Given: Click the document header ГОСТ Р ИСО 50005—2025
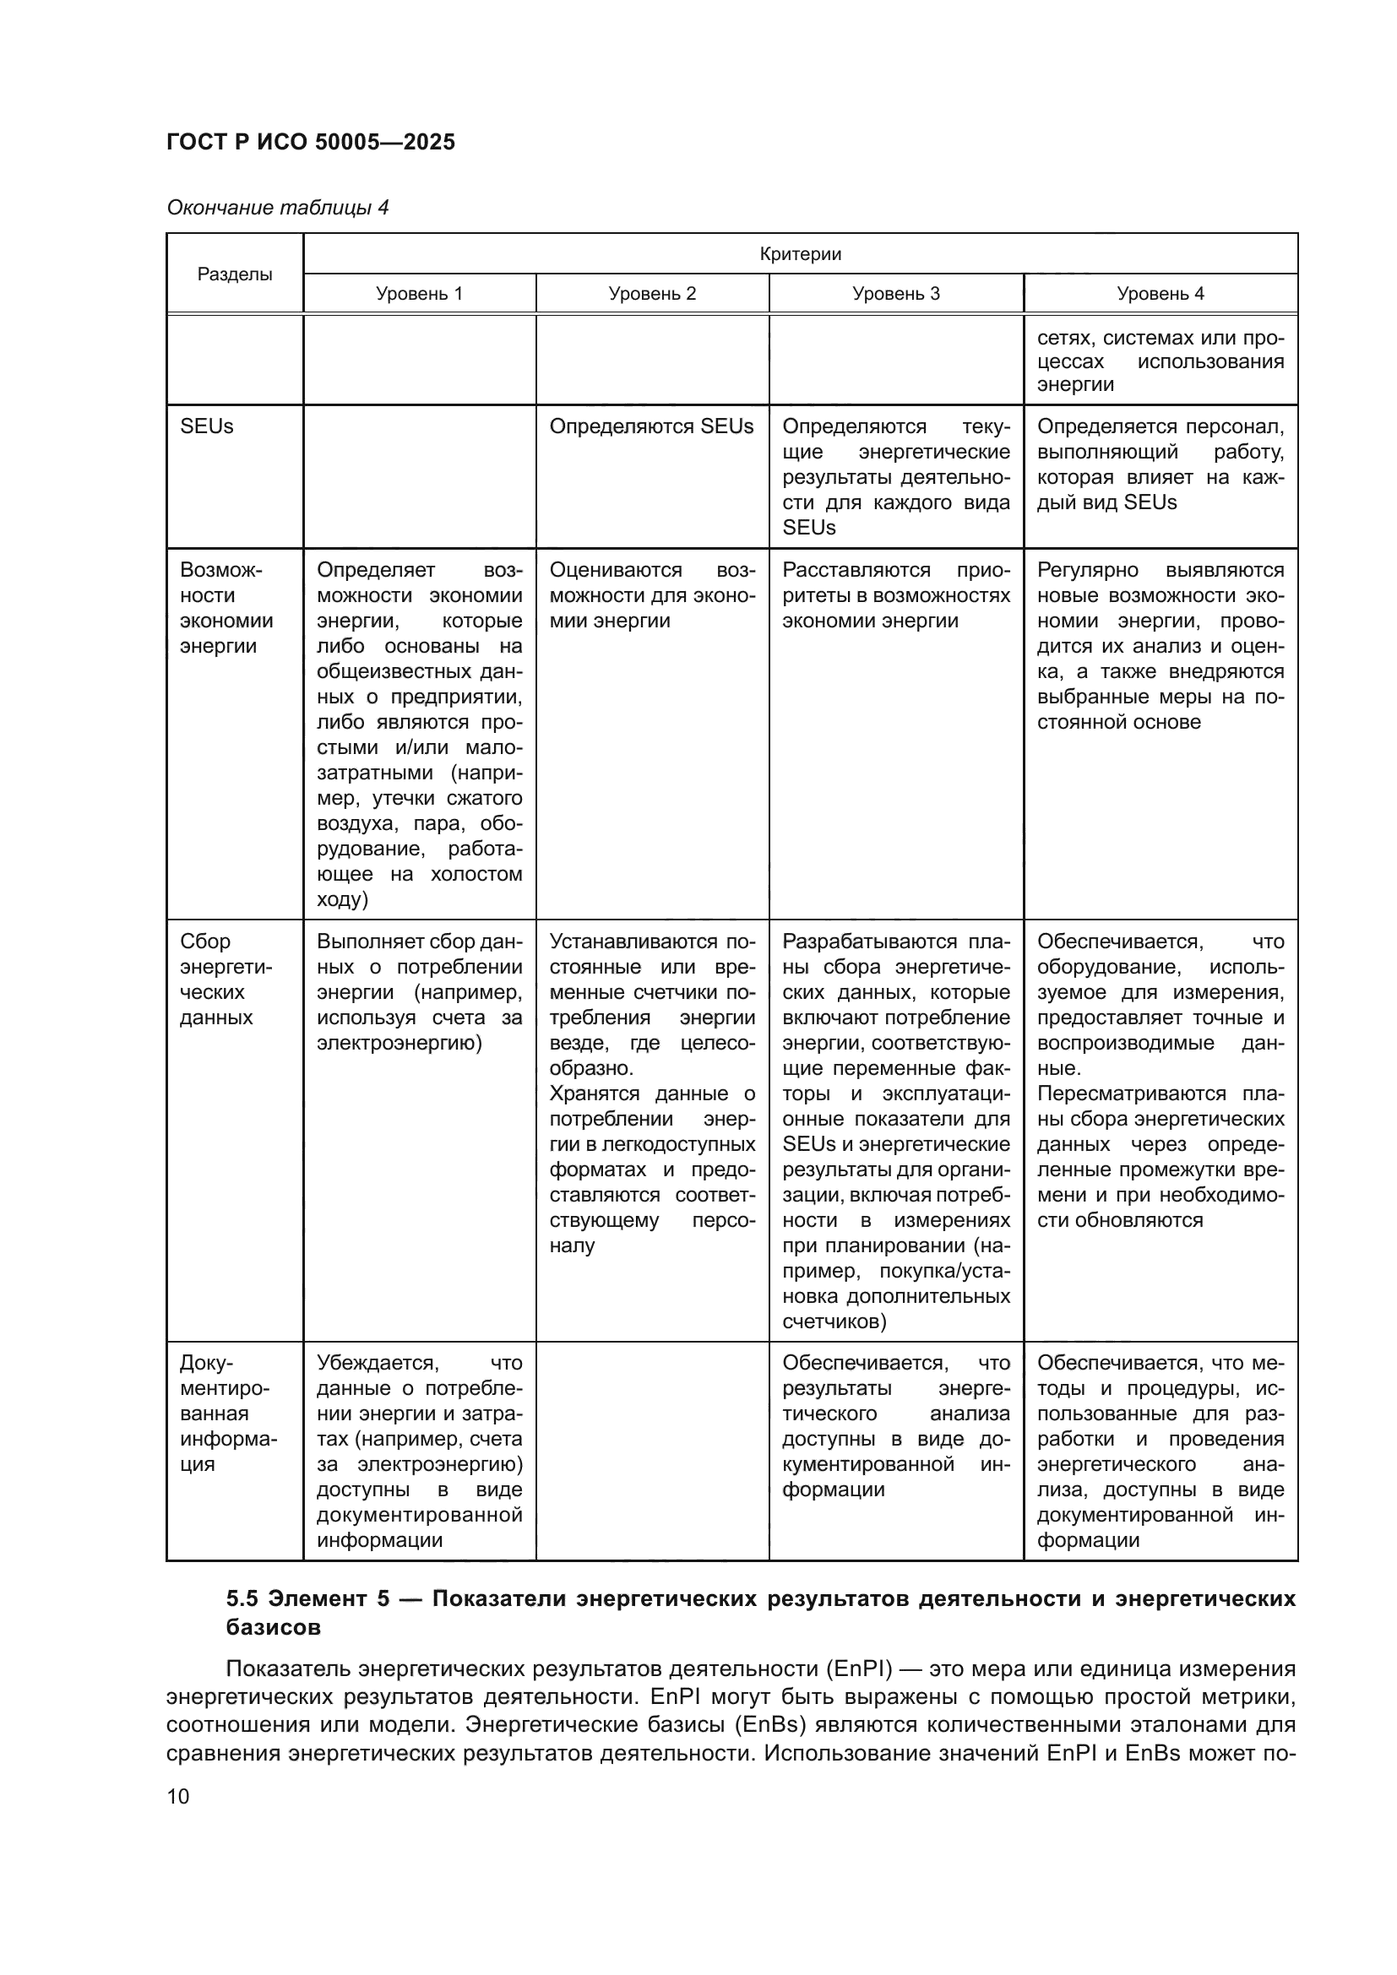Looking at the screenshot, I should pos(311,142).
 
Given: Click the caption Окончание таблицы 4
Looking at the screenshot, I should pos(277,208).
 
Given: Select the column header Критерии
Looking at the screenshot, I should pos(800,254).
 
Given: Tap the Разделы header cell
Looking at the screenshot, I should pos(235,274).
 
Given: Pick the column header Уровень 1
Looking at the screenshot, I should pos(419,293).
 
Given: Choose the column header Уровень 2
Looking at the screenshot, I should pos(652,293).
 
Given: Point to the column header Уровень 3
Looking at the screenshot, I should pos(895,293).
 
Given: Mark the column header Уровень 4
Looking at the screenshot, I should pos(1160,293).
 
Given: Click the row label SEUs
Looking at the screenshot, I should pos(206,426).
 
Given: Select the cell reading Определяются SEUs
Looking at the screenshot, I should pos(651,426).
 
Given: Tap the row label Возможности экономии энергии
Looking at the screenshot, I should pos(226,607).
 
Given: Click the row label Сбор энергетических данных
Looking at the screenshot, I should pos(226,979).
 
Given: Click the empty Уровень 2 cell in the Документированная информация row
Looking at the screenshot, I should pos(652,1451).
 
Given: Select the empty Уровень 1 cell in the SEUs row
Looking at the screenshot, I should pos(419,475).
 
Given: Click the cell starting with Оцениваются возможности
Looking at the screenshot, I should pos(651,595).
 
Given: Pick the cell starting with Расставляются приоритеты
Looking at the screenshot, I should pos(895,595).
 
